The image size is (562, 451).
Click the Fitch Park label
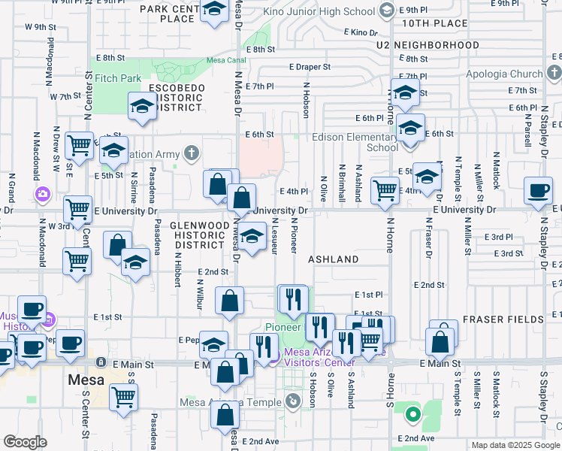point(119,77)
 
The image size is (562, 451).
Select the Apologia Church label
point(504,74)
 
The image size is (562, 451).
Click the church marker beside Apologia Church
point(554,74)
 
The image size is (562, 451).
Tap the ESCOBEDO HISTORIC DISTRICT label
point(177,98)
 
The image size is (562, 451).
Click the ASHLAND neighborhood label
point(334,259)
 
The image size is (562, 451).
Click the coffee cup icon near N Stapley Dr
point(538,190)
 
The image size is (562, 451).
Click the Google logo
point(25,442)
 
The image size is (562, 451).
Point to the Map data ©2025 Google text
point(514,445)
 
